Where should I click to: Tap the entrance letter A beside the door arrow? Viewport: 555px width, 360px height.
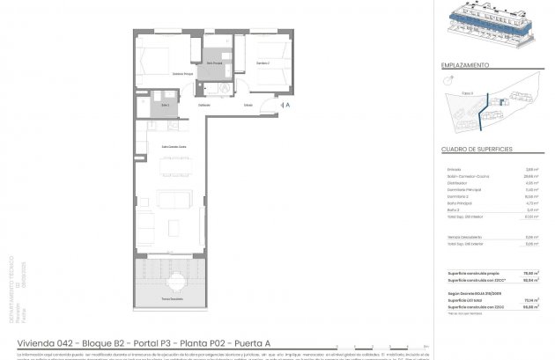click(286, 105)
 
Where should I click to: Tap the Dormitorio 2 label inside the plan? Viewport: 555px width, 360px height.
click(263, 63)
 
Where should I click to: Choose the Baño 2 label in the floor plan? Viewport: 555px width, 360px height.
click(165, 106)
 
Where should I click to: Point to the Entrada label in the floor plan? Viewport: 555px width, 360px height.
click(248, 105)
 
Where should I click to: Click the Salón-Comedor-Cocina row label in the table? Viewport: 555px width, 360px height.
click(466, 175)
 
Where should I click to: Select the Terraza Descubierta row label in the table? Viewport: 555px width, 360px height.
click(467, 237)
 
